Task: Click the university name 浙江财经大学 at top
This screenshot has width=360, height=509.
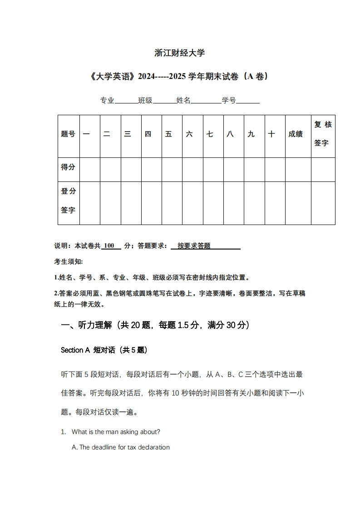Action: click(x=180, y=53)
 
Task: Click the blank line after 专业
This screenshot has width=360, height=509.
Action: click(x=126, y=101)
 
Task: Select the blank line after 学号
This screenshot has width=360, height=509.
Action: click(x=248, y=101)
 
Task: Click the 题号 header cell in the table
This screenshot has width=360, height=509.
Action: click(x=68, y=134)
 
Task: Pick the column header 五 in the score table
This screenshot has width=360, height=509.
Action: click(x=169, y=134)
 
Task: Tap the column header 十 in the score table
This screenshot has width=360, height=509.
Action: click(x=271, y=134)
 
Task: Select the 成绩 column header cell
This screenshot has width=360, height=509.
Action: click(x=296, y=134)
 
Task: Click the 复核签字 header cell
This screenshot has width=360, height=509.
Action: click(x=323, y=134)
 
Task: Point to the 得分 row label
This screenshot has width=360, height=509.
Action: click(x=68, y=167)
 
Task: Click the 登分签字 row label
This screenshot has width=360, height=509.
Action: click(x=68, y=201)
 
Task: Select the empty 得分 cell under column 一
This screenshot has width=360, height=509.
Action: click(x=90, y=170)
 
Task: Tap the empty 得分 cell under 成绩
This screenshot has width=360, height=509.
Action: click(x=298, y=170)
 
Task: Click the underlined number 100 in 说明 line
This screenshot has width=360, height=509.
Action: click(x=109, y=246)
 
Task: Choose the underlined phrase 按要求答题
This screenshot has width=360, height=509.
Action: click(x=194, y=246)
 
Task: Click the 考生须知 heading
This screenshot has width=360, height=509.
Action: click(x=68, y=262)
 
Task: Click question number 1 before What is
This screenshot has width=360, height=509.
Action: click(x=64, y=432)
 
